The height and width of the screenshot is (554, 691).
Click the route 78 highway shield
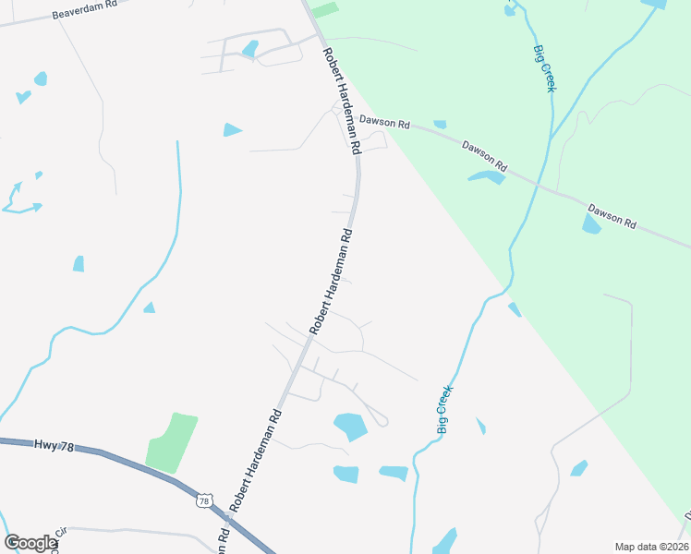(x=204, y=500)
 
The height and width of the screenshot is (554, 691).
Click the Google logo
(x=30, y=543)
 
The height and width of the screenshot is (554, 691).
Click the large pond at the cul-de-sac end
(x=350, y=426)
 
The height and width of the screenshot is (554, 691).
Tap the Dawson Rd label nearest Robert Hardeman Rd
(x=384, y=120)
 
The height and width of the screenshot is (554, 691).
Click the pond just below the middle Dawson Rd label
(x=487, y=176)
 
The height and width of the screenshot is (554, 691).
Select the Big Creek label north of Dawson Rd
(x=545, y=67)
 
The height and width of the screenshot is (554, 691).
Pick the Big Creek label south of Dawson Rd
(x=444, y=410)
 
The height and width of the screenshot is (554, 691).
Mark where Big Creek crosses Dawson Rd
(x=539, y=184)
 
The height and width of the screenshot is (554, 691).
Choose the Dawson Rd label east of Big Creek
(x=612, y=217)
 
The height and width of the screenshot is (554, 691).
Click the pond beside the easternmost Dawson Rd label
(x=591, y=224)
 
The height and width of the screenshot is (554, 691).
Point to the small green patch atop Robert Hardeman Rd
(x=325, y=9)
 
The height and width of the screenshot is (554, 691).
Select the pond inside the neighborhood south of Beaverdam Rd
(x=249, y=48)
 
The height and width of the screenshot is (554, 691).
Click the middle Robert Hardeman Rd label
(x=332, y=281)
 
